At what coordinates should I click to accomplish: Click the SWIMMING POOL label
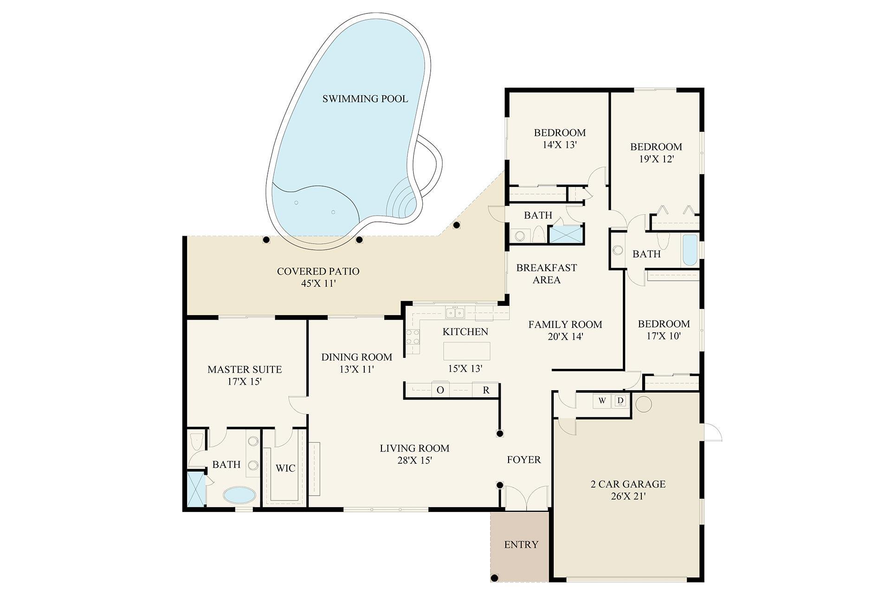click(365, 99)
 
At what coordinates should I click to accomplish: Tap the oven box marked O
click(440, 390)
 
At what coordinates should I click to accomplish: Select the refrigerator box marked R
click(486, 390)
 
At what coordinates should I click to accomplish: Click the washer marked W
click(602, 401)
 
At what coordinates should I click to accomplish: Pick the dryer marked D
click(620, 400)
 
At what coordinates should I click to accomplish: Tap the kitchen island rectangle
click(466, 351)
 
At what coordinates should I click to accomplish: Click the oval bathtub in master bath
click(239, 495)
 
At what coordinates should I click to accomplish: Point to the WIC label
click(285, 468)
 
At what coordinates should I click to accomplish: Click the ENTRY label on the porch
click(521, 544)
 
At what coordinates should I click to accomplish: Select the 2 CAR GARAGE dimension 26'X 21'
click(628, 496)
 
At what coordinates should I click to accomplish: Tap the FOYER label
click(523, 460)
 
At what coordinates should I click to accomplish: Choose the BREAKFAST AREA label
click(546, 274)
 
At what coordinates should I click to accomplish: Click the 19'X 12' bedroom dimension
click(656, 159)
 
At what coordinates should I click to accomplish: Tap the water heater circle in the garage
click(643, 404)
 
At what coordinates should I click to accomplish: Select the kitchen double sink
click(455, 313)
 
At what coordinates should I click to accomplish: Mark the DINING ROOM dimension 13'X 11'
click(356, 369)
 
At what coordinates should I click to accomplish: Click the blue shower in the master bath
click(196, 489)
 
